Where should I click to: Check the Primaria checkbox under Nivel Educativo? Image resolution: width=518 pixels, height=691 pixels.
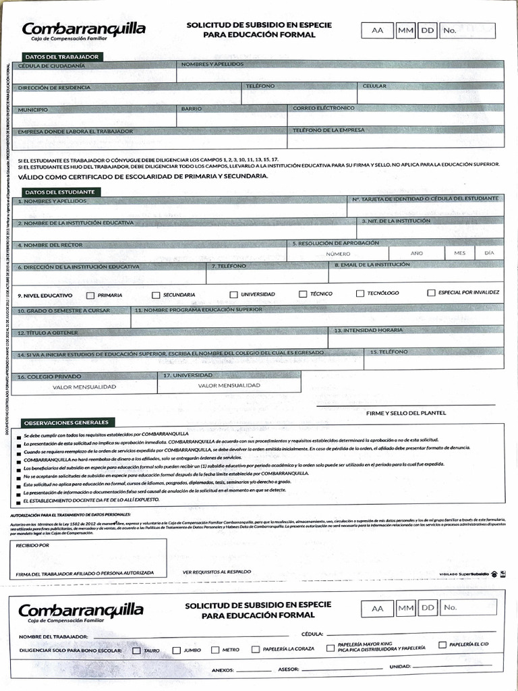tap(90, 295)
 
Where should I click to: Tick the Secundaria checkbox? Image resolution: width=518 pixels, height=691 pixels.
tap(156, 295)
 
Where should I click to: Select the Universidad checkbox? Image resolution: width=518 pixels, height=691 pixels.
tap(234, 295)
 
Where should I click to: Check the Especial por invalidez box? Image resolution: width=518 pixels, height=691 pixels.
tap(431, 293)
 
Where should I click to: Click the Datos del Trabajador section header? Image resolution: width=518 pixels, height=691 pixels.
tap(57, 57)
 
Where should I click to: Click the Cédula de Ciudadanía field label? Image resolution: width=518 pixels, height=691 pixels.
tap(51, 66)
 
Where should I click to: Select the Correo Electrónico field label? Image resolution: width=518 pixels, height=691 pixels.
tap(323, 108)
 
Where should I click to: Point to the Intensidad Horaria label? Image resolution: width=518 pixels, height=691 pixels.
tap(364, 331)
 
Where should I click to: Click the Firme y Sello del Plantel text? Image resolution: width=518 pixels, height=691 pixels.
tap(405, 412)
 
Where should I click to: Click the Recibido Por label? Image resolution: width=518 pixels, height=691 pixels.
tap(33, 544)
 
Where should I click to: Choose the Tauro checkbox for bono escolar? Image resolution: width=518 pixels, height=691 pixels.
tap(136, 651)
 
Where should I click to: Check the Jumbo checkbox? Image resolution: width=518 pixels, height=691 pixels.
tap(177, 651)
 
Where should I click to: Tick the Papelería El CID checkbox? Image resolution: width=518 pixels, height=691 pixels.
tap(442, 644)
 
